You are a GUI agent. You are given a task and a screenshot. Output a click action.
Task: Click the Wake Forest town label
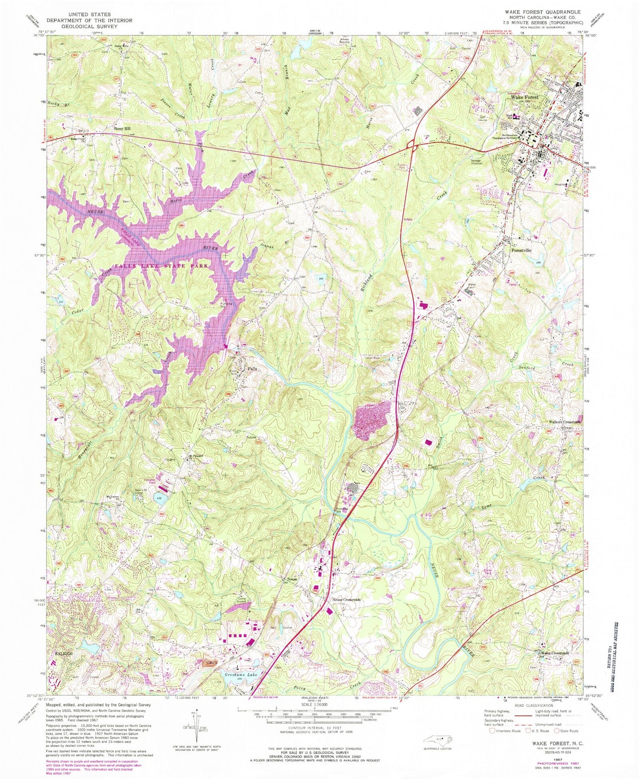524,97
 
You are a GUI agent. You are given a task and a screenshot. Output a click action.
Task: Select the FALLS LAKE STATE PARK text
161,266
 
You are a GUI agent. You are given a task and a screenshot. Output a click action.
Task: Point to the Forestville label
521,251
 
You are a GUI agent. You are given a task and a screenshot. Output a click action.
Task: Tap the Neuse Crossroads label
346,600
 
